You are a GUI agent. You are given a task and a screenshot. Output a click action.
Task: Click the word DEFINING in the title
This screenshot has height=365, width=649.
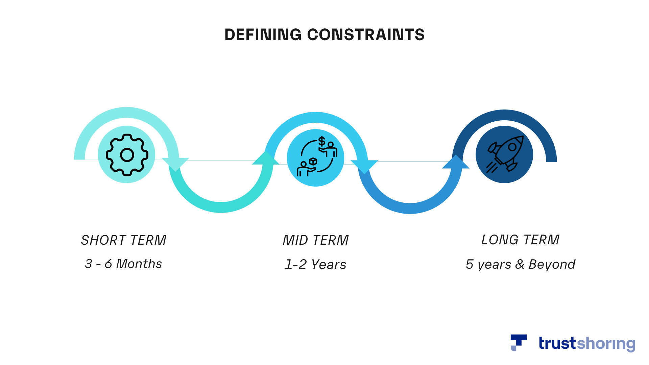click(x=263, y=35)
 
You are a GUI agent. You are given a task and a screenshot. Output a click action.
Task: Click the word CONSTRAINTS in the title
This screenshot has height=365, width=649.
click(x=366, y=35)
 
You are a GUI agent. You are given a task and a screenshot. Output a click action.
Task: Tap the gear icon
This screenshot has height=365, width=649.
click(x=127, y=155)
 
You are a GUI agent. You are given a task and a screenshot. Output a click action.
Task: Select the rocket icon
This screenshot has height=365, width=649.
click(x=505, y=154)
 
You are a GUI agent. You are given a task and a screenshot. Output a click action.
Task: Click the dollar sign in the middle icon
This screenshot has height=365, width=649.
click(x=322, y=141)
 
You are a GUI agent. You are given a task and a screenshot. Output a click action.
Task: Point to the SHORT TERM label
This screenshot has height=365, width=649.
click(x=124, y=240)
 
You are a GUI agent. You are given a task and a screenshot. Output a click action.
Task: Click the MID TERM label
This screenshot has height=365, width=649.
click(x=316, y=240)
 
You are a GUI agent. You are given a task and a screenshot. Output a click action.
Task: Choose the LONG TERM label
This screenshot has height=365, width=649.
click(x=520, y=240)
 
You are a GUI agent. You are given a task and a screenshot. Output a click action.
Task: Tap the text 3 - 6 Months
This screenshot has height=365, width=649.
click(x=123, y=264)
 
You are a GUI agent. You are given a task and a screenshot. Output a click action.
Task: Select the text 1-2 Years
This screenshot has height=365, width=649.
click(x=315, y=264)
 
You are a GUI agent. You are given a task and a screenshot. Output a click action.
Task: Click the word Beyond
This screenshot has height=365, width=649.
click(x=552, y=264)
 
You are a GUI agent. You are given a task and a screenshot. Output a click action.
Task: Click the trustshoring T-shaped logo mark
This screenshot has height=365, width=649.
click(x=519, y=343)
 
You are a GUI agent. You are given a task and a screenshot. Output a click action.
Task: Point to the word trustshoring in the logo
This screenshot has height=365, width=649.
click(x=587, y=343)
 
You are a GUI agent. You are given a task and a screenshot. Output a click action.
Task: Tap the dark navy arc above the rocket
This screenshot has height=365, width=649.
click(x=504, y=115)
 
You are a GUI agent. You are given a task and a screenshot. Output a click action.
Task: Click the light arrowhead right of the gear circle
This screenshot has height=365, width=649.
click(x=175, y=164)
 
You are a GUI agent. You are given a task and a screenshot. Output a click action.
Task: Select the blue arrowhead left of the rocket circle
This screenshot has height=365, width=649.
click(x=456, y=162)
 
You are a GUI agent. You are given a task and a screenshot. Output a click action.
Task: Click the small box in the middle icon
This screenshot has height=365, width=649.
click(x=313, y=161)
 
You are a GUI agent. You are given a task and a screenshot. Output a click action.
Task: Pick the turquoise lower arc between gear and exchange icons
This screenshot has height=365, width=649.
click(x=221, y=207)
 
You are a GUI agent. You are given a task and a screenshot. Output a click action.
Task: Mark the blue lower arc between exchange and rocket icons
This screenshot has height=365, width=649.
click(x=410, y=208)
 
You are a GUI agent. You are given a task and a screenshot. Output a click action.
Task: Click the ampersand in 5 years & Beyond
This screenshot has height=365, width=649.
click(x=520, y=264)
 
